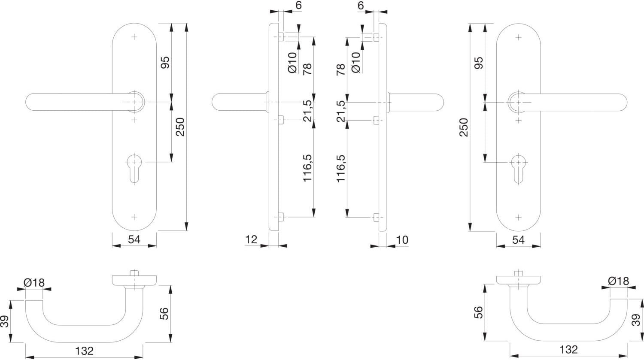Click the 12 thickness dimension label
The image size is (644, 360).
(x=251, y=239)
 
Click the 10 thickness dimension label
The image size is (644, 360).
(x=402, y=239)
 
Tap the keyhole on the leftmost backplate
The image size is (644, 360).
(x=134, y=167)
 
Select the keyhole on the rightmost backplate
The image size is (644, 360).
(x=518, y=167)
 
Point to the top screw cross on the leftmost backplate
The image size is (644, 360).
(x=134, y=37)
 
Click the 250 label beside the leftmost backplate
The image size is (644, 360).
(x=180, y=127)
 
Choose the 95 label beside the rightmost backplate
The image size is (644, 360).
(x=478, y=63)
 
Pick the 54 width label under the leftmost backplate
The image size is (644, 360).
(x=134, y=239)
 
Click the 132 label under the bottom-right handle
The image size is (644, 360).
(x=569, y=350)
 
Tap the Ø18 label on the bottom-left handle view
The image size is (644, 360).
(x=34, y=283)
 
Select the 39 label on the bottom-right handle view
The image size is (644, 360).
(x=636, y=320)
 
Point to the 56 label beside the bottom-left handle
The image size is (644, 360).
(x=164, y=314)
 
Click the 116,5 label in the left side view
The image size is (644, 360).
(x=308, y=168)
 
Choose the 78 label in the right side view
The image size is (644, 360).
(x=340, y=70)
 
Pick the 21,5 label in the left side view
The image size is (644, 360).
(x=308, y=111)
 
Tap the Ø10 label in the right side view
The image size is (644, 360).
(x=355, y=63)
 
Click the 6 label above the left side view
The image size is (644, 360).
(x=298, y=6)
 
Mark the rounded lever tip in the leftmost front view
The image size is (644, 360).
(x=32, y=102)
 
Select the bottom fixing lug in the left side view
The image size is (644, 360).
(x=281, y=217)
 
